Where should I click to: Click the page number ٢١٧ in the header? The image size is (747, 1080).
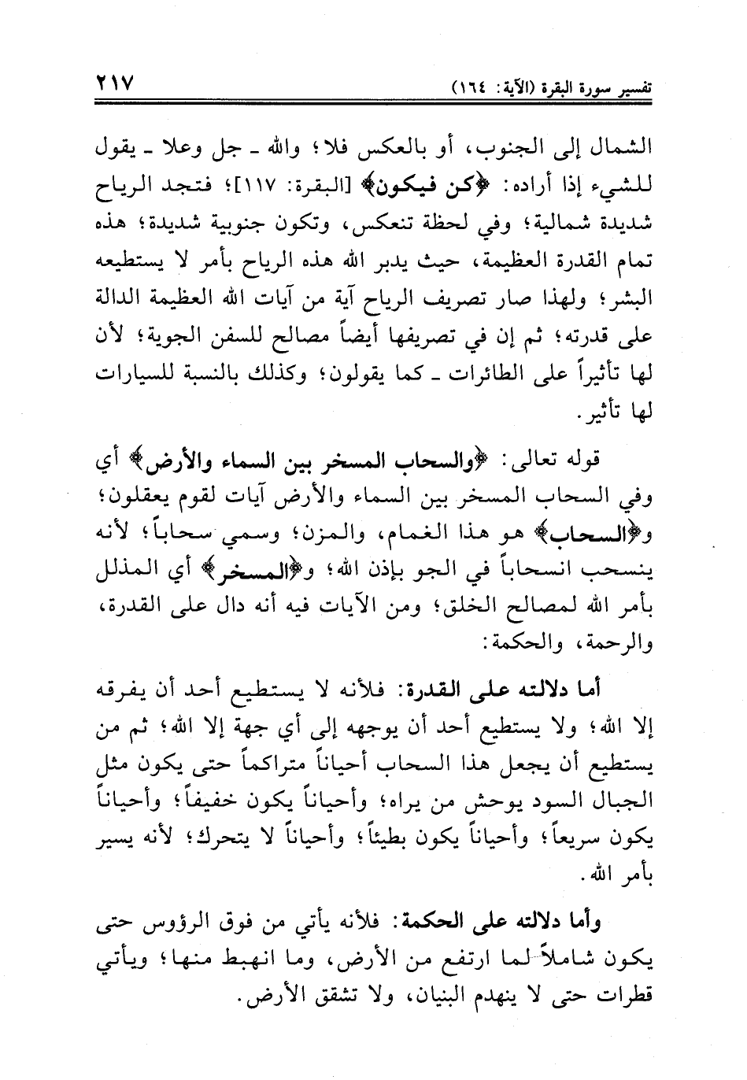pyautogui.click(x=115, y=82)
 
